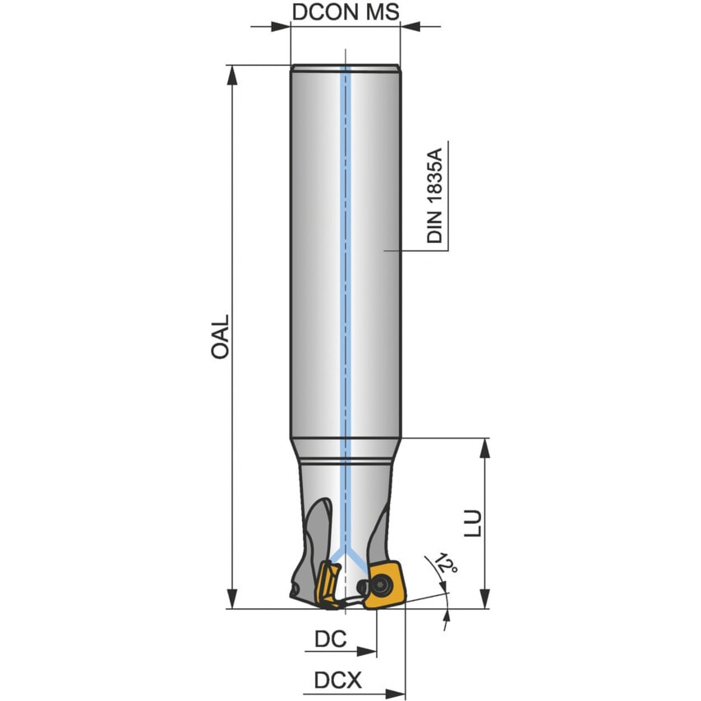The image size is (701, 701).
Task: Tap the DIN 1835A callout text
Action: click(x=434, y=195)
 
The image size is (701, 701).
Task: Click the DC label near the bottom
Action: click(x=331, y=638)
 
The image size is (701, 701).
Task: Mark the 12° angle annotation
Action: click(x=447, y=565)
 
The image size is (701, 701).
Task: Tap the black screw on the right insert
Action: click(x=381, y=584)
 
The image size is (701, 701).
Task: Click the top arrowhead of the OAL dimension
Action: click(x=233, y=74)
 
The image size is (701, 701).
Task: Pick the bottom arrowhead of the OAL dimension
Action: click(x=233, y=598)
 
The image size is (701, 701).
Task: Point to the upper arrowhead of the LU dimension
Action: click(x=486, y=448)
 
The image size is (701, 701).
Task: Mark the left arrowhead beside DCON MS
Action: click(x=281, y=26)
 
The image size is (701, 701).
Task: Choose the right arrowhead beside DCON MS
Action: click(x=410, y=26)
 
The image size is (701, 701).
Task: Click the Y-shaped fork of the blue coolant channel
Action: click(x=346, y=559)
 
